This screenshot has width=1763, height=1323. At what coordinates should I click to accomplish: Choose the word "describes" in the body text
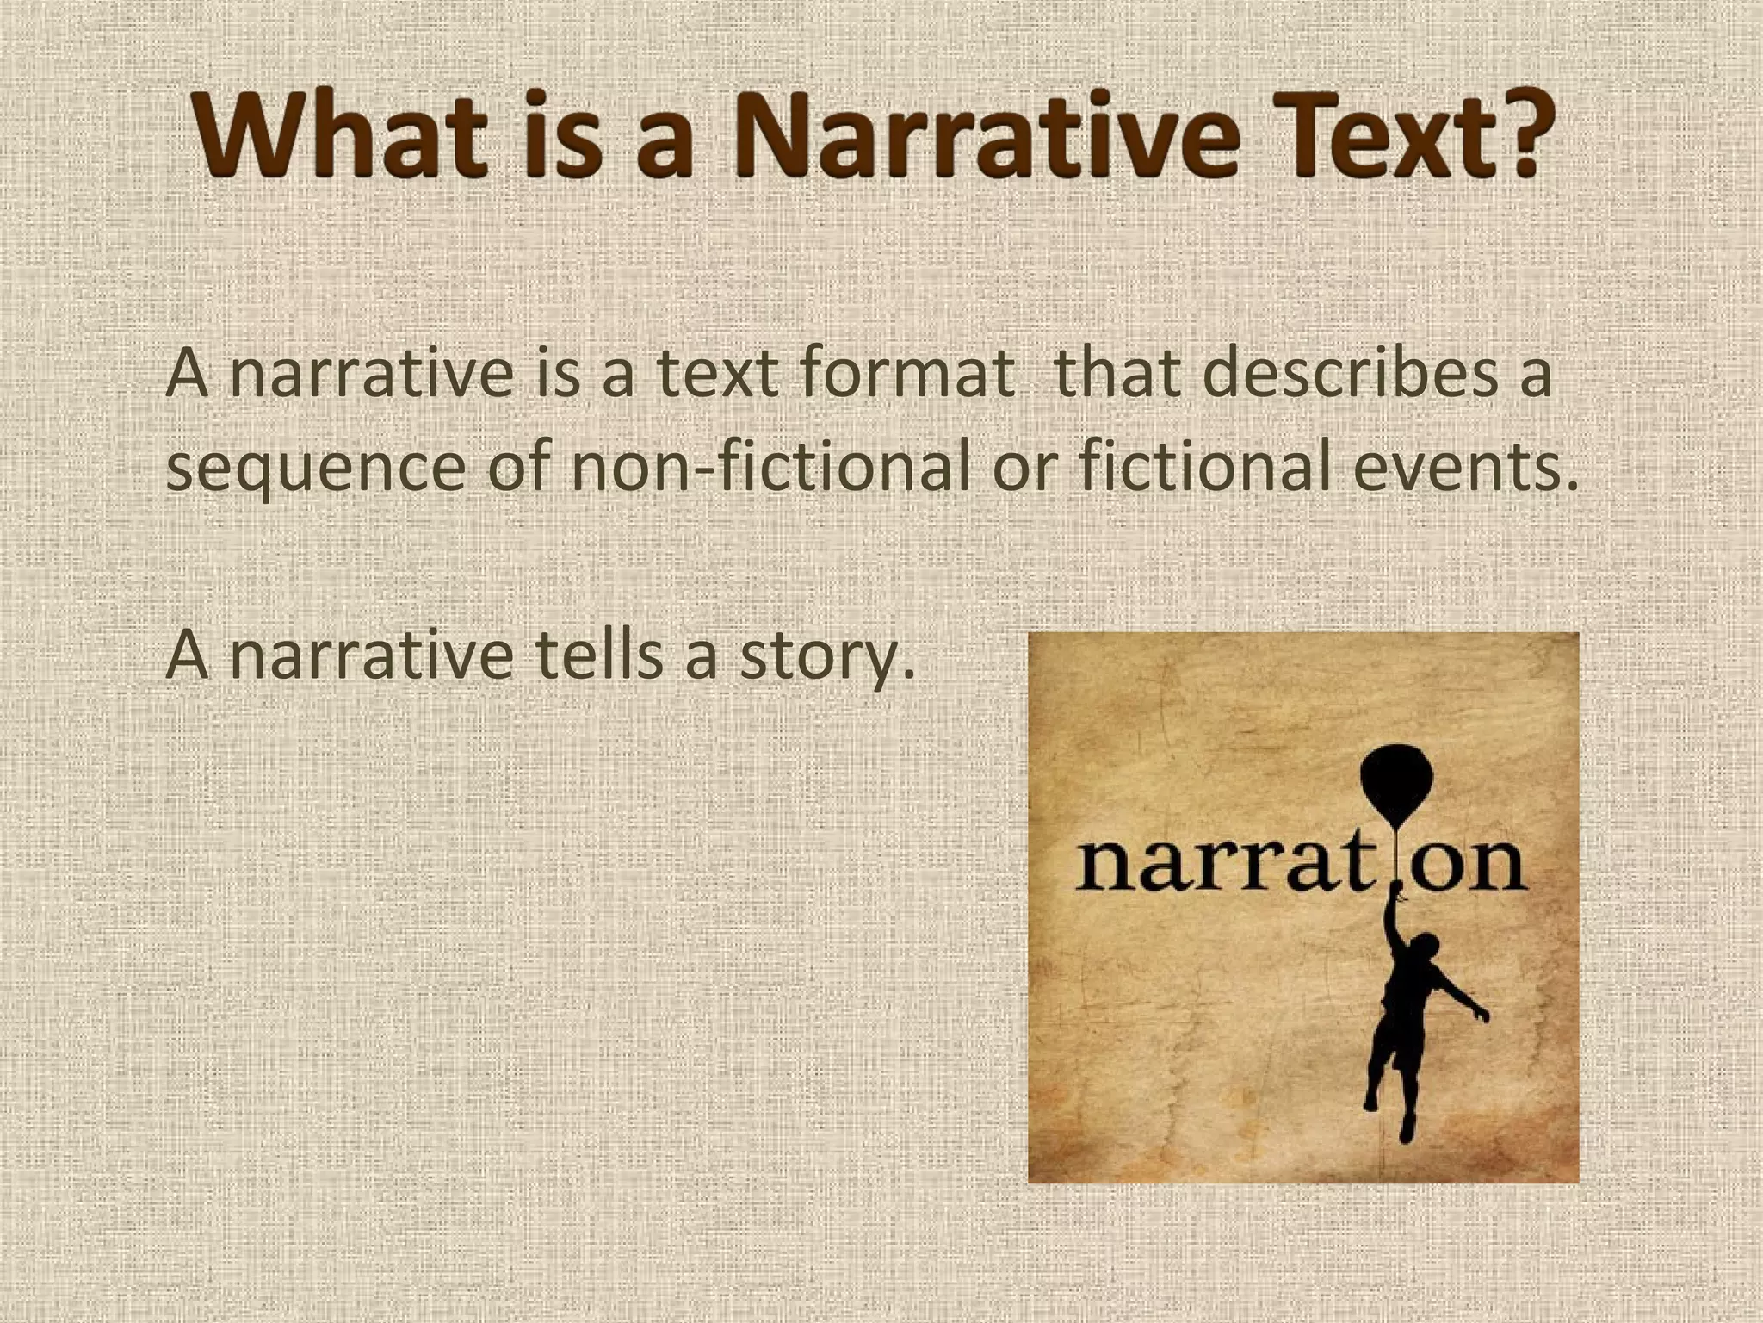click(1344, 373)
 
